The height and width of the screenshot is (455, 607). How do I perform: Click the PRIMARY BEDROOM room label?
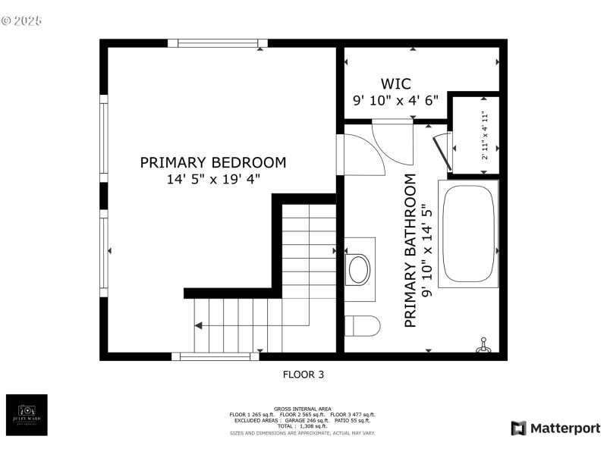click(x=213, y=162)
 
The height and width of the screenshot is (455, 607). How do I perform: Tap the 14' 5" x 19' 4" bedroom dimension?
click(x=213, y=180)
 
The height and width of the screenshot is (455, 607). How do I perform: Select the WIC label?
click(x=395, y=83)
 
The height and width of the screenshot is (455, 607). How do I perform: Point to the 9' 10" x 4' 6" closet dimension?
click(x=395, y=100)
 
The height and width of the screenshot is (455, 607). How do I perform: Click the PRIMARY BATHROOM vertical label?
click(x=410, y=251)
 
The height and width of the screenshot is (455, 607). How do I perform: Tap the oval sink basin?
click(x=357, y=269)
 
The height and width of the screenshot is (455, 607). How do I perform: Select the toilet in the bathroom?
click(x=361, y=326)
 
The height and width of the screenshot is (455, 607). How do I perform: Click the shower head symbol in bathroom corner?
click(x=482, y=347)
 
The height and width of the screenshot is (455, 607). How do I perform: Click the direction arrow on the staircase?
click(x=198, y=326)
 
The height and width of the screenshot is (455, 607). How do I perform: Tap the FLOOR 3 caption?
click(x=303, y=374)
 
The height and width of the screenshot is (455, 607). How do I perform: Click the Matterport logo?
click(x=555, y=428)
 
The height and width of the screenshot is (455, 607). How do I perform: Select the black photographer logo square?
click(x=27, y=415)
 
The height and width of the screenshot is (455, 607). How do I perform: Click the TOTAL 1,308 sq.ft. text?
click(x=303, y=426)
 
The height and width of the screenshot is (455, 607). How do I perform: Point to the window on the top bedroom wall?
click(x=217, y=43)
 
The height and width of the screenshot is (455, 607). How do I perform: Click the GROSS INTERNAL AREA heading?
click(x=303, y=409)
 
